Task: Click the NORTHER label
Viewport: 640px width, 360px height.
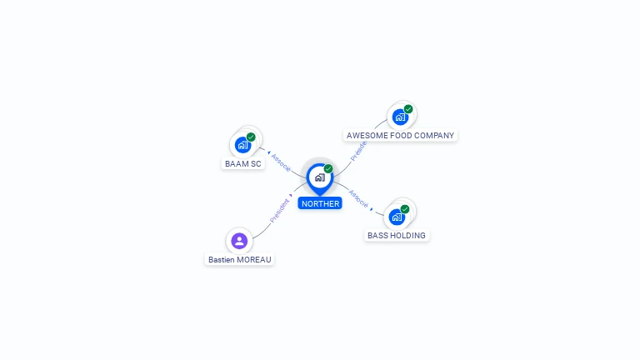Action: pyautogui.click(x=320, y=203)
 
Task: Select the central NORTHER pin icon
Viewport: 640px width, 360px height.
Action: pyautogui.click(x=319, y=177)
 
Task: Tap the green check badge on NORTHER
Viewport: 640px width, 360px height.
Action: pyautogui.click(x=328, y=168)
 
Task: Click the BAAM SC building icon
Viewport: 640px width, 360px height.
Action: pyautogui.click(x=242, y=145)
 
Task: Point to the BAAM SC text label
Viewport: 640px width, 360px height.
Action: pyautogui.click(x=243, y=164)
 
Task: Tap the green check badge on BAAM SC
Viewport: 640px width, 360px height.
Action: pyautogui.click(x=251, y=137)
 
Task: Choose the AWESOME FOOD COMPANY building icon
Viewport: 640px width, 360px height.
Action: pyautogui.click(x=400, y=117)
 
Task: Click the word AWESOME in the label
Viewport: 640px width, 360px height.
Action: pyautogui.click(x=367, y=135)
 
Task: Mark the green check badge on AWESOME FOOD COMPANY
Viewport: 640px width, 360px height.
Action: pyautogui.click(x=408, y=109)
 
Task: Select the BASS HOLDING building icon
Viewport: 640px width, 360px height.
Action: pyautogui.click(x=397, y=217)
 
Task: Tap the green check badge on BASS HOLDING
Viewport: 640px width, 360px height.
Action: pyautogui.click(x=405, y=209)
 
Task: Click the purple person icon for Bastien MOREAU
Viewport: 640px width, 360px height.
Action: pyautogui.click(x=239, y=241)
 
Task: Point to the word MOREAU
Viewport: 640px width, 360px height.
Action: pyautogui.click(x=254, y=260)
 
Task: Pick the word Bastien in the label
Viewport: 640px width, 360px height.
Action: pyautogui.click(x=222, y=260)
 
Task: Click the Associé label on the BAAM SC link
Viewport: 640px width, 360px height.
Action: pyautogui.click(x=281, y=162)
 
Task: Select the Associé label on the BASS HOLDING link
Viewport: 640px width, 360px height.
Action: pyautogui.click(x=357, y=197)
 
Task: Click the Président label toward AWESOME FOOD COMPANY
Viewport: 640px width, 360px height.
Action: pyautogui.click(x=359, y=150)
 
